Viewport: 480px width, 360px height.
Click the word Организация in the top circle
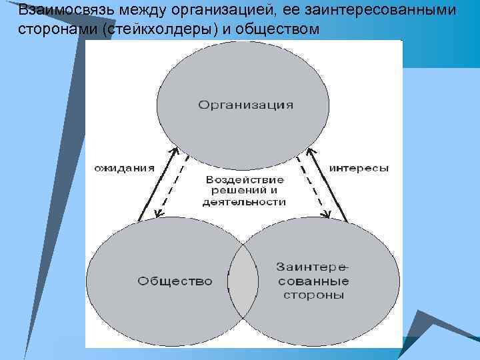246,105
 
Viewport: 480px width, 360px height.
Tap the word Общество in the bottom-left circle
175,281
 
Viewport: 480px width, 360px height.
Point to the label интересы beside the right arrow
359,169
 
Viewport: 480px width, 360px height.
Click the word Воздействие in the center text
245,180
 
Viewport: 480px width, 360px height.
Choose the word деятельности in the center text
245,202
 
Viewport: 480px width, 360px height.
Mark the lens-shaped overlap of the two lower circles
243,281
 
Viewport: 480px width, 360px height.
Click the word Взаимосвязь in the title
57,11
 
